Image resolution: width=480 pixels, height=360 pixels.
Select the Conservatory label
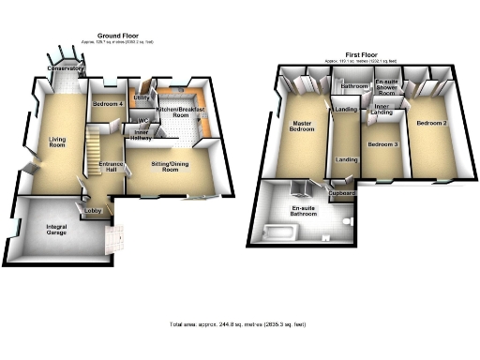coord(67,69)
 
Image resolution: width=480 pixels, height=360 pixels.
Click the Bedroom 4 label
coord(109,103)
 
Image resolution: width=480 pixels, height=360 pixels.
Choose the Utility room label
coord(142,97)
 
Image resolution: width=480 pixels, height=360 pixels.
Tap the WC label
coord(144,120)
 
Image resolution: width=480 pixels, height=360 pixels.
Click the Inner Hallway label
coord(144,137)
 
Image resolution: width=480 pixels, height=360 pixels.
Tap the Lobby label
coord(95,211)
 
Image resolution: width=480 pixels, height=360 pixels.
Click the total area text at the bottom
coord(241,324)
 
